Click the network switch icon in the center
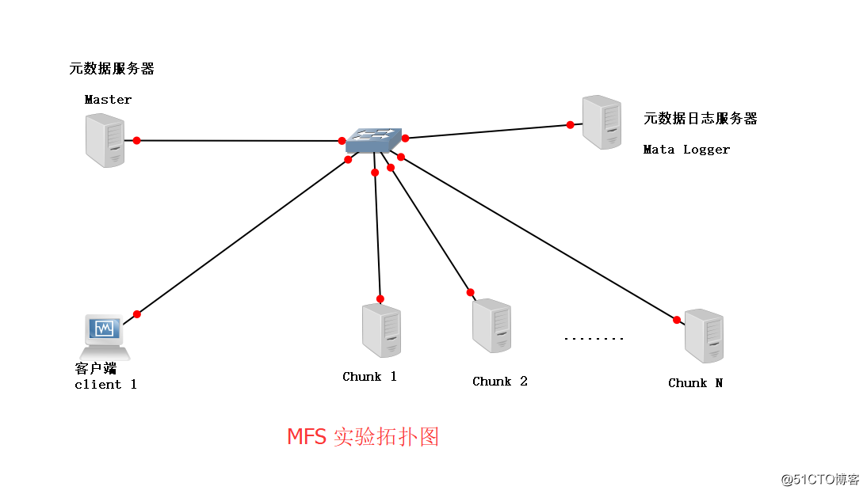(x=373, y=140)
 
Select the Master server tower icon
(x=105, y=140)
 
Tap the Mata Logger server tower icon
(x=602, y=122)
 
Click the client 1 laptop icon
(x=105, y=336)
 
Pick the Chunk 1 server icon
(x=381, y=331)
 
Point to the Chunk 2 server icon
(x=491, y=325)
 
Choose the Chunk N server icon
(x=704, y=336)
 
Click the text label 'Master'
(x=108, y=100)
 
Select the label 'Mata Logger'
(x=686, y=149)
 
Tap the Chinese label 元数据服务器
(x=112, y=69)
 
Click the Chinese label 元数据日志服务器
(x=700, y=119)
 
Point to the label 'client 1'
(x=105, y=385)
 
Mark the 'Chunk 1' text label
(x=369, y=377)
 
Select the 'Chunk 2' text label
(x=499, y=382)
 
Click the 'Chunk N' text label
(x=695, y=383)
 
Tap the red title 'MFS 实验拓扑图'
(x=362, y=437)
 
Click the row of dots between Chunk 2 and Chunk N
(x=594, y=339)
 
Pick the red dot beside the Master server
(x=136, y=140)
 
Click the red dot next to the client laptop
(x=136, y=314)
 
